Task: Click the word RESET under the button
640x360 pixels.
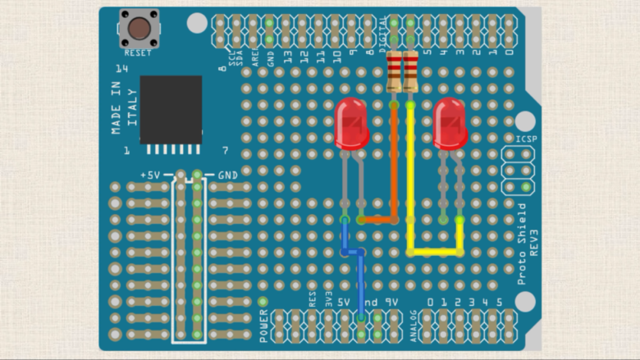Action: (x=139, y=52)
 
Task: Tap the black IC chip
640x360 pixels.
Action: (x=171, y=109)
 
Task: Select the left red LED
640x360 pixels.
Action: (x=352, y=123)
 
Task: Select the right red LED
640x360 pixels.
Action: (x=450, y=123)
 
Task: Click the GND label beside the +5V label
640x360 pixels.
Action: (x=227, y=175)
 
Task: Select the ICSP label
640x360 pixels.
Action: (x=526, y=139)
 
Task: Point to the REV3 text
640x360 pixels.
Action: (x=534, y=244)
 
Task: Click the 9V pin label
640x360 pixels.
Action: (x=392, y=303)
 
